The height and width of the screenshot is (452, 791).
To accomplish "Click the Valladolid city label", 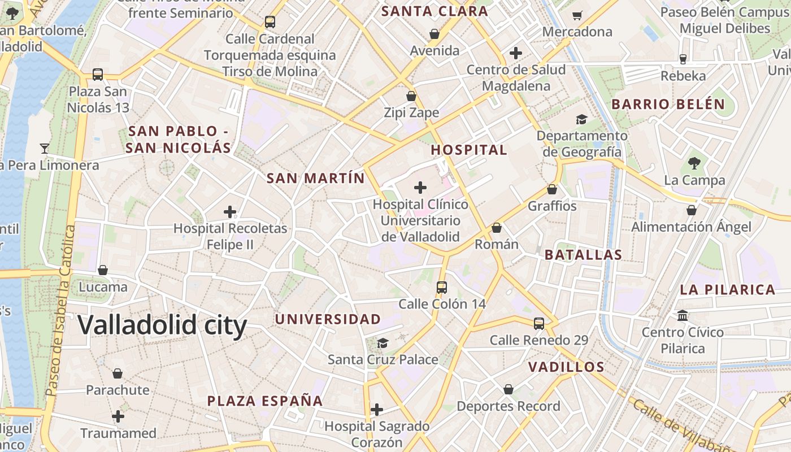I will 162,326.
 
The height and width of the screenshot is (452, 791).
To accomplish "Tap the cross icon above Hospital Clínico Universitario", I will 420,187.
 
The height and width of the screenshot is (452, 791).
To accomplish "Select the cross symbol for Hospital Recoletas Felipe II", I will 230,212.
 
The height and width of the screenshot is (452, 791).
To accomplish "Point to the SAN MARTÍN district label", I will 315,179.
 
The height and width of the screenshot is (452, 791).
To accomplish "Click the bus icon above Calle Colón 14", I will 442,287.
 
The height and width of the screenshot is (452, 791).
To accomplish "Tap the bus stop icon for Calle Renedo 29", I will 539,324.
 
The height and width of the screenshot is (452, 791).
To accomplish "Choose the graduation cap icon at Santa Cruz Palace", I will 383,343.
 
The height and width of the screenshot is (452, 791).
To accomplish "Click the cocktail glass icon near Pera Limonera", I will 45,149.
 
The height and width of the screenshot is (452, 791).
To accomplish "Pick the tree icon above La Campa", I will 694,164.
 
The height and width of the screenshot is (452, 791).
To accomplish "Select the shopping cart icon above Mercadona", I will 577,15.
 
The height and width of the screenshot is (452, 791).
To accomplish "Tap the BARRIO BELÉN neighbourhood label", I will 668,105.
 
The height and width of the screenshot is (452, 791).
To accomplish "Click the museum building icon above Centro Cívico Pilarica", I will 683,315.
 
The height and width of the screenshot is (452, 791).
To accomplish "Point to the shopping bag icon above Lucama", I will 103,270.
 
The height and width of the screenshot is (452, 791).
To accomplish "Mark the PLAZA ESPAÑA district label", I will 265,401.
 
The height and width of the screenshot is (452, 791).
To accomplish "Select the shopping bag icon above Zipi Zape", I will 411,96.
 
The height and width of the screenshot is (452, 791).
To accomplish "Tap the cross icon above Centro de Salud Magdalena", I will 515,53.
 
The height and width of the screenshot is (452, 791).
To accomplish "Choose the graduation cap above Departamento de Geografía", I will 581,119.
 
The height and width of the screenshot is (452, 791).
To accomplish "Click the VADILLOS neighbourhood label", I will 566,367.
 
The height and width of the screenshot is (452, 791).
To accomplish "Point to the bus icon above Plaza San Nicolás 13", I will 98,75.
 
